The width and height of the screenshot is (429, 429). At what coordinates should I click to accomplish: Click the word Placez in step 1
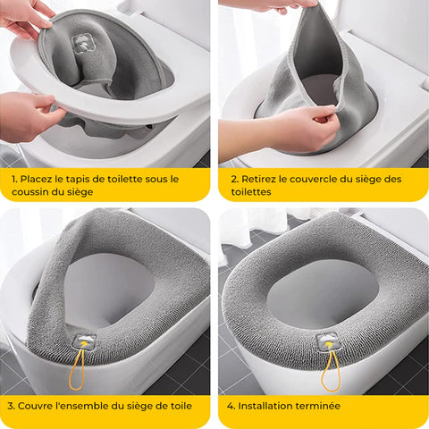[x=37, y=179]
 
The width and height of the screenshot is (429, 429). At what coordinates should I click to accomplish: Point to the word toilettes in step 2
[x=251, y=192]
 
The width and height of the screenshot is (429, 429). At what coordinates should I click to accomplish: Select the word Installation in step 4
[x=263, y=406]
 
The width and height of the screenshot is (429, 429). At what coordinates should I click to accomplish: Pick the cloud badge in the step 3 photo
[x=85, y=341]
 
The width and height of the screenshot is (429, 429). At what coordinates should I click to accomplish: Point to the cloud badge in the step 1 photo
[x=84, y=44]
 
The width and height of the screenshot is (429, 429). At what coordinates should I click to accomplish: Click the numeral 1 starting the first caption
[x=14, y=179]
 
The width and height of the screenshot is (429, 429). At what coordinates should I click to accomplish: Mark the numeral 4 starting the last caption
[x=231, y=406]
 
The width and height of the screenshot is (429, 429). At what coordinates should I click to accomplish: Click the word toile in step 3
[x=181, y=406]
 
